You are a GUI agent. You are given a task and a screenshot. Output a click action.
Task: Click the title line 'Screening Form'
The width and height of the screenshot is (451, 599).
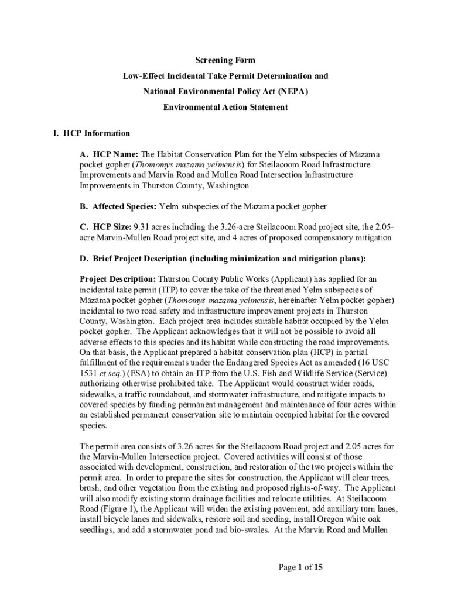coord(225,60)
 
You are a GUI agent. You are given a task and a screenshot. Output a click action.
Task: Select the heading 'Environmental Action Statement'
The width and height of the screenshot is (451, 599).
coord(225,108)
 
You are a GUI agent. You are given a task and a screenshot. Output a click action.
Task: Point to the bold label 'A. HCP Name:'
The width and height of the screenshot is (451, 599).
coord(109,154)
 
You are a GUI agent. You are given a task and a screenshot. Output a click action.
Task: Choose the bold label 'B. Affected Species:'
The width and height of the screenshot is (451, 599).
coord(118,206)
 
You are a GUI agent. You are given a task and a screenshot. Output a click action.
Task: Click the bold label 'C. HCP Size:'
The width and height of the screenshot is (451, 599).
coord(105,227)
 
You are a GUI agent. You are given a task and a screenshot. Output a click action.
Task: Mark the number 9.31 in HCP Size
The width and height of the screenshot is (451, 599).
coord(142,227)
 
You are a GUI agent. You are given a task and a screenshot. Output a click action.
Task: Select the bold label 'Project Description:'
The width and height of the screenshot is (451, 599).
coord(118,279)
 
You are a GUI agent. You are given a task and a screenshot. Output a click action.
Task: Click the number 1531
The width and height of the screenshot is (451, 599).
coord(89,373)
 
